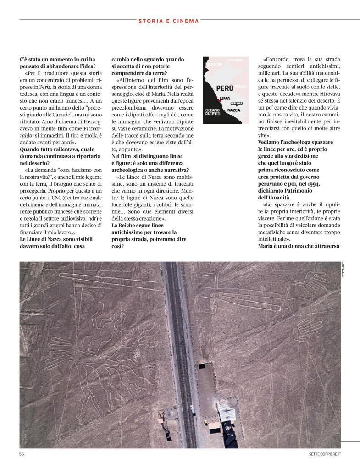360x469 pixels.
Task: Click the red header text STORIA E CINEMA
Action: click(169, 21)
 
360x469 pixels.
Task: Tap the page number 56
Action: click(22, 454)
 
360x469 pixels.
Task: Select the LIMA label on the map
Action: click(225, 99)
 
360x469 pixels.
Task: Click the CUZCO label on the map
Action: click(236, 104)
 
